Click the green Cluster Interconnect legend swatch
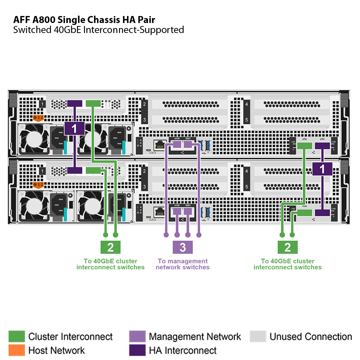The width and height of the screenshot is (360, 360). pyautogui.click(x=17, y=336)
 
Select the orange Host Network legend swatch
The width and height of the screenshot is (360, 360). pyautogui.click(x=17, y=350)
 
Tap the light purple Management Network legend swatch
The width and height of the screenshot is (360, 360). pyautogui.click(x=137, y=336)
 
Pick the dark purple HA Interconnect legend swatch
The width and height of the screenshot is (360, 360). pyautogui.click(x=137, y=350)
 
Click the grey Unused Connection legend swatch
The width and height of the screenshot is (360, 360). pyautogui.click(x=258, y=336)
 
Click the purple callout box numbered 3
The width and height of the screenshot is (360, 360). pyautogui.click(x=183, y=247)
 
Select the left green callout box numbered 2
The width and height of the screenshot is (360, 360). pyautogui.click(x=110, y=247)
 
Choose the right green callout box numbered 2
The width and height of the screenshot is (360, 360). pyautogui.click(x=287, y=247)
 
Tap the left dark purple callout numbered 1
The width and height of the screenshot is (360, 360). pyautogui.click(x=74, y=128)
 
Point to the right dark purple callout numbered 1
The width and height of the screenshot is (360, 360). pyautogui.click(x=322, y=169)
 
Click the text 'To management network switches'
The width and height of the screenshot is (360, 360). pyautogui.click(x=183, y=264)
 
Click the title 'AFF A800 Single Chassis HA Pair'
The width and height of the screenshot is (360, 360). pyautogui.click(x=84, y=19)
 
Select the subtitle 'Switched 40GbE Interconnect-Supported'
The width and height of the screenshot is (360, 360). pyautogui.click(x=99, y=30)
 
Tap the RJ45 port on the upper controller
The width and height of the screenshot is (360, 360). pyautogui.click(x=160, y=145)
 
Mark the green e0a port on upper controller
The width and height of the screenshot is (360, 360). pyautogui.click(x=304, y=146)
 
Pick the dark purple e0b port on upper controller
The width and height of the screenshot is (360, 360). pyautogui.click(x=323, y=146)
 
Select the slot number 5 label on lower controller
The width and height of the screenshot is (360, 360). pyautogui.click(x=247, y=187)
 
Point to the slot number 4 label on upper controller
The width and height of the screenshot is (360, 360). pyautogui.click(x=247, y=104)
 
